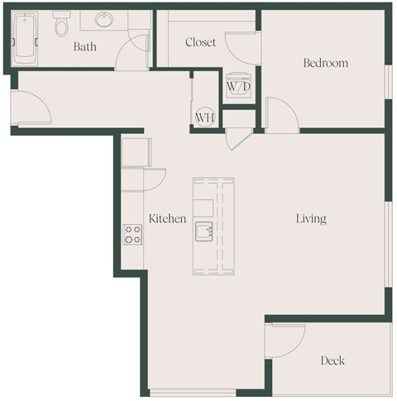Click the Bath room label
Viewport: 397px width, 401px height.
pyautogui.click(x=85, y=47)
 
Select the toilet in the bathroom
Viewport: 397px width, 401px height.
pyautogui.click(x=60, y=27)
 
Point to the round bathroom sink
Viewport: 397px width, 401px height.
pyautogui.click(x=105, y=20)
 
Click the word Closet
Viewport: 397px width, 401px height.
pyautogui.click(x=201, y=42)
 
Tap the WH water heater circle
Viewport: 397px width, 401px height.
pyautogui.click(x=205, y=117)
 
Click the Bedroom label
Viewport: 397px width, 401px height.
pyautogui.click(x=325, y=63)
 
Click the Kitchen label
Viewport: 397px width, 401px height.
pyautogui.click(x=167, y=219)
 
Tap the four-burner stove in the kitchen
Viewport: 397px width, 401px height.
pyautogui.click(x=133, y=234)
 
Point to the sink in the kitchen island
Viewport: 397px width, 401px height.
pyautogui.click(x=203, y=232)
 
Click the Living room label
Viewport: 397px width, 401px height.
pyautogui.click(x=312, y=219)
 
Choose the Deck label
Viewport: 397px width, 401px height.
pyautogui.click(x=332, y=360)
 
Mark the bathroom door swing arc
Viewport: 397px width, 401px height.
pyautogui.click(x=132, y=54)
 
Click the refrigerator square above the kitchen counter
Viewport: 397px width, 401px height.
pyautogui.click(x=135, y=152)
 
